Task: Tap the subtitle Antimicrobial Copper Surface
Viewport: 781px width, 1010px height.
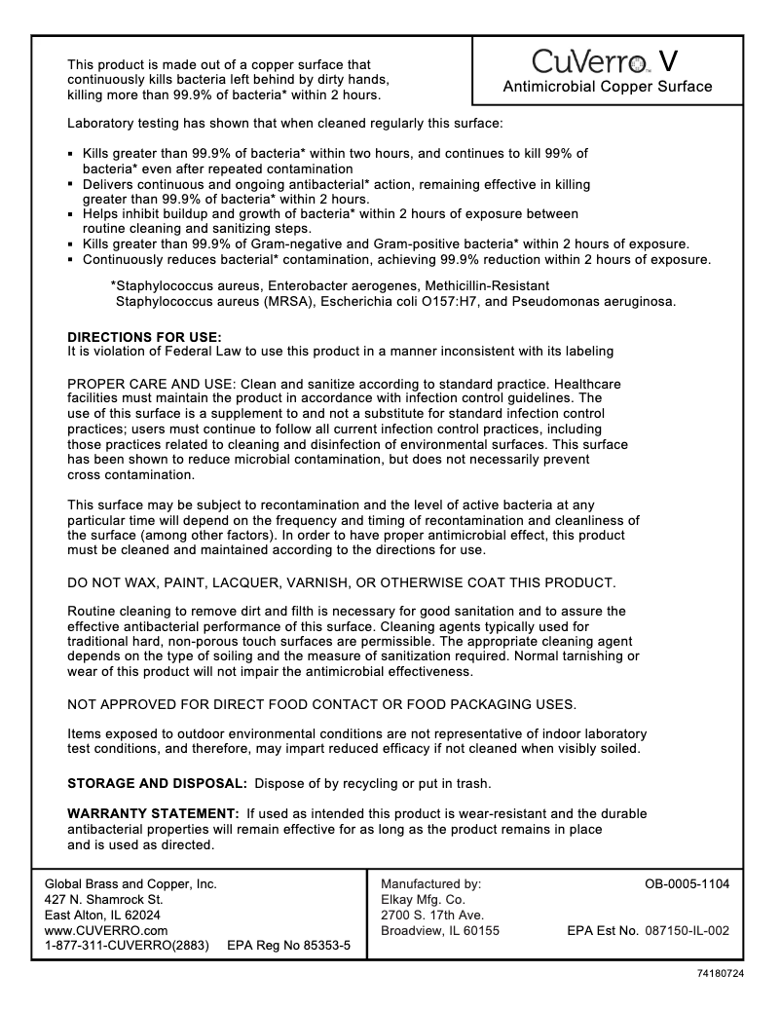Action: pos(607,87)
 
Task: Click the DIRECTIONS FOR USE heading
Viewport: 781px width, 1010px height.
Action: pos(144,337)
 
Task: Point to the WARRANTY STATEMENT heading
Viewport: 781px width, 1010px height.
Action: pos(153,813)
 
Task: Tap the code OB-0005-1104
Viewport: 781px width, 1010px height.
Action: pos(687,884)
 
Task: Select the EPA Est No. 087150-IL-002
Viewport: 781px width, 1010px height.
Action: pos(648,930)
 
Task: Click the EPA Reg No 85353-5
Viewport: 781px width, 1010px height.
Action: pos(288,946)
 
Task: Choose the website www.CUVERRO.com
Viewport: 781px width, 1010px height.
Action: pos(99,930)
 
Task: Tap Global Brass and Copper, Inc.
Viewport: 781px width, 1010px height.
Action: pos(130,884)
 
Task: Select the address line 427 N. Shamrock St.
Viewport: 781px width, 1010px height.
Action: pos(104,900)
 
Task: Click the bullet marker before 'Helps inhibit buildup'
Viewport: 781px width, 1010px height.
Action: pos(71,214)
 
